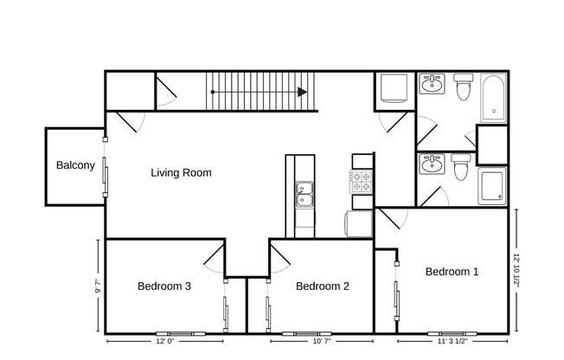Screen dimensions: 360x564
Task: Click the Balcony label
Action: tap(75, 165)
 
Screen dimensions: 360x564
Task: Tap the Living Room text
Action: tap(181, 172)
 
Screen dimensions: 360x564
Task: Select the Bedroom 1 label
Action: tap(452, 272)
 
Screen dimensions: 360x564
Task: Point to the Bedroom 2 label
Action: tap(322, 286)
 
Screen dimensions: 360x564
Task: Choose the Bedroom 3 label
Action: tap(164, 286)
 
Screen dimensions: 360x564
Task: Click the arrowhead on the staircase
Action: tap(302, 92)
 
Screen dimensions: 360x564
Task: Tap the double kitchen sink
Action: tap(304, 195)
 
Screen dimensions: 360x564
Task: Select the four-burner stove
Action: tap(361, 182)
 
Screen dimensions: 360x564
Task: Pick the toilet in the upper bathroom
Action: tap(463, 87)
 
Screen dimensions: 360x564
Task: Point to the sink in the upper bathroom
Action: tap(432, 86)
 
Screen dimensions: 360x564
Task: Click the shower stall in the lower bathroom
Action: tap(492, 186)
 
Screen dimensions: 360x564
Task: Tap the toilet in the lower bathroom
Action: tap(461, 166)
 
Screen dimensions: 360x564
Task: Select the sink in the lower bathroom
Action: tap(432, 164)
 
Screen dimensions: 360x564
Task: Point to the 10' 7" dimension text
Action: tap(320, 342)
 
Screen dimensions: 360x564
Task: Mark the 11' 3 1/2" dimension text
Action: tap(453, 342)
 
